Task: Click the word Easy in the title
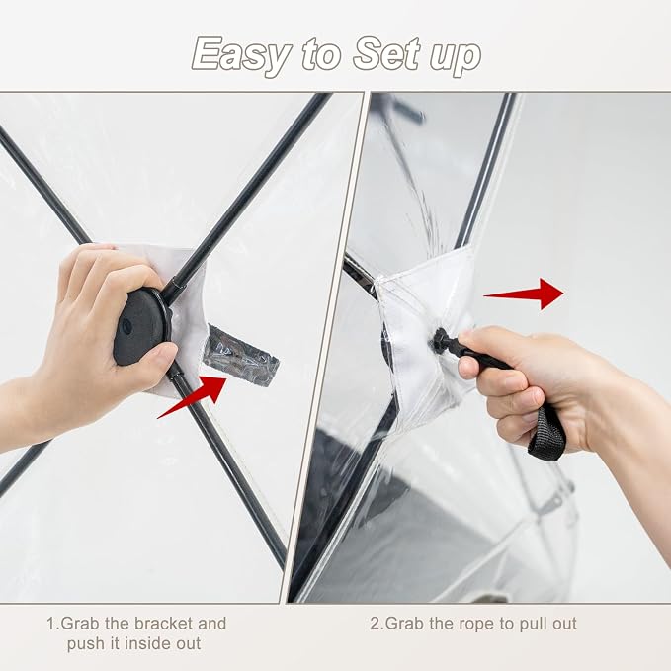[242, 55]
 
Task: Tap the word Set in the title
[386, 53]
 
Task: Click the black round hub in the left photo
[142, 326]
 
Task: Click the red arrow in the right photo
[524, 294]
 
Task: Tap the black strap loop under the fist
[547, 435]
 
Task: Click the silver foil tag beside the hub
[241, 356]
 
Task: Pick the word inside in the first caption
[149, 643]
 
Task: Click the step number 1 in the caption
[50, 624]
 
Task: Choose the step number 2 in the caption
[375, 624]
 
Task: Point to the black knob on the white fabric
[439, 340]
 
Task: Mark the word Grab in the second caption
[405, 624]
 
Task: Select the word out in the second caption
[565, 625]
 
